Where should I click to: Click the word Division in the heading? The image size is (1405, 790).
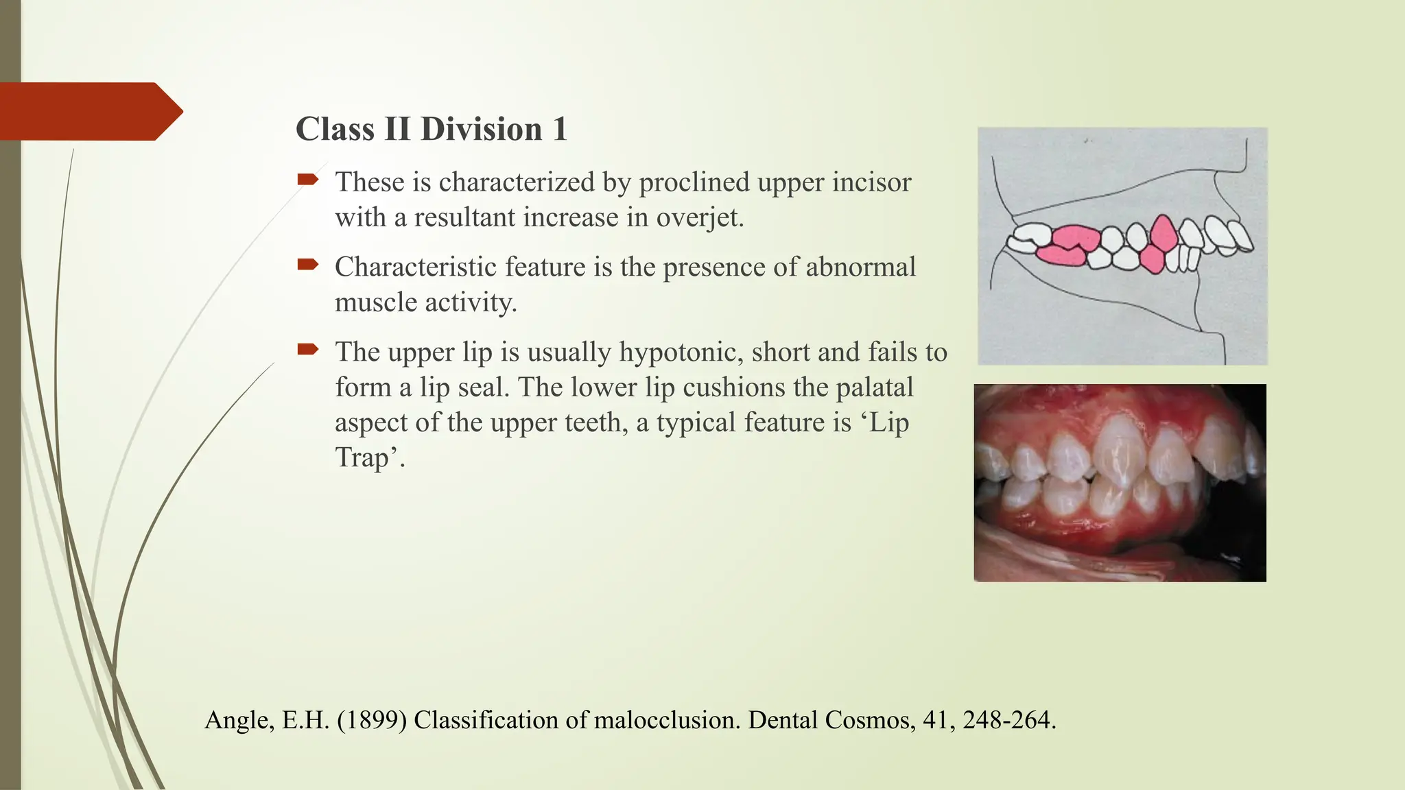[x=481, y=129]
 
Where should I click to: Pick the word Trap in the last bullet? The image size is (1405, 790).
[x=362, y=457]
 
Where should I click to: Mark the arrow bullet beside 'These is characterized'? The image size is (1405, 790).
[x=308, y=180]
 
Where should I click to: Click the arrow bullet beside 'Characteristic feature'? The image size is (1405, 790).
[x=308, y=265]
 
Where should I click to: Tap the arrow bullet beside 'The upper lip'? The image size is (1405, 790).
[x=308, y=350]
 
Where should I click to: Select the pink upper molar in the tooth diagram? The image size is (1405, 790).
[x=1075, y=238]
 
